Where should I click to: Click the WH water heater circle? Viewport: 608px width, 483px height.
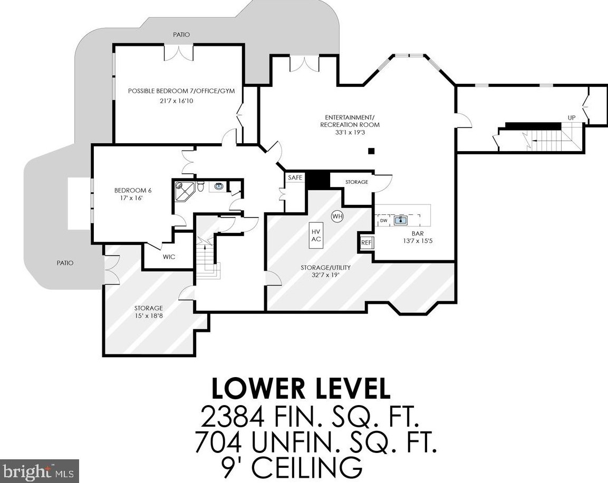pos(337,216)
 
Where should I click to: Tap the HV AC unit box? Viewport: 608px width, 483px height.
pos(316,235)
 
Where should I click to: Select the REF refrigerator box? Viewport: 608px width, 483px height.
pos(366,243)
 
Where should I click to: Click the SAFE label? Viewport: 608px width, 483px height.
pos(295,178)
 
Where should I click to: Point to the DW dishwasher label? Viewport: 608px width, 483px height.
pos(383,221)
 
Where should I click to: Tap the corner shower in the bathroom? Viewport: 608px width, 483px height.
pos(184,191)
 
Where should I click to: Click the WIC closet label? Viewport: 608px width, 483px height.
pos(169,257)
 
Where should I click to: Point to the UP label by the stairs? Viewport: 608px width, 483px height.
pos(572,118)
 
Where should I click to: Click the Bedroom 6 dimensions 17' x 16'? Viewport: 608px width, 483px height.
pos(133,198)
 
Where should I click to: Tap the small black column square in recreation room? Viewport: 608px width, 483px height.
pos(371,151)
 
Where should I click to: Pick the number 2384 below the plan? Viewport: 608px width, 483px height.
pos(232,417)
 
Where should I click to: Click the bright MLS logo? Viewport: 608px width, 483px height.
pos(39,471)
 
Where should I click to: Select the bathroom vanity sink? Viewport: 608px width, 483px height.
pos(219,186)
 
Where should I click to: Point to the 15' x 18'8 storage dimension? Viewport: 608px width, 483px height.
pos(149,316)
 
